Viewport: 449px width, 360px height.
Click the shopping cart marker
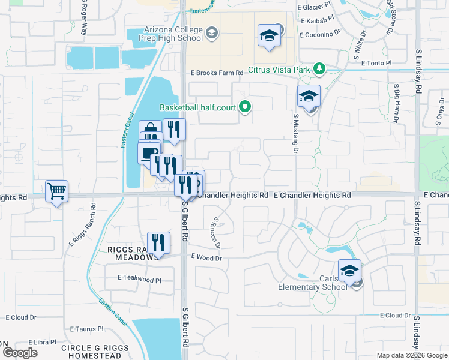click(56, 191)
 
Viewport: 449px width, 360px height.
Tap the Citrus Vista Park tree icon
click(319, 70)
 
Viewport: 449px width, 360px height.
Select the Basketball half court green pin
click(245, 107)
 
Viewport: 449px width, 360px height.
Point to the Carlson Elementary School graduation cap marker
click(349, 271)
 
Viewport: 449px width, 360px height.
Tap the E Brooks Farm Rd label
click(217, 73)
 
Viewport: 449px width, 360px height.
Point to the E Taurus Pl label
click(87, 329)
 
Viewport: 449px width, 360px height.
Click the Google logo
click(20, 353)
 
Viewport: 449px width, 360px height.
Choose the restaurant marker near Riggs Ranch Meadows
click(157, 243)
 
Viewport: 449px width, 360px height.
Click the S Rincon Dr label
click(217, 233)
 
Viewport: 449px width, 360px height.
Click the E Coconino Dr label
click(320, 32)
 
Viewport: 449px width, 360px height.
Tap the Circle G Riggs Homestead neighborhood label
click(95, 352)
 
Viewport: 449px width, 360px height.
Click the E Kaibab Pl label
click(317, 20)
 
